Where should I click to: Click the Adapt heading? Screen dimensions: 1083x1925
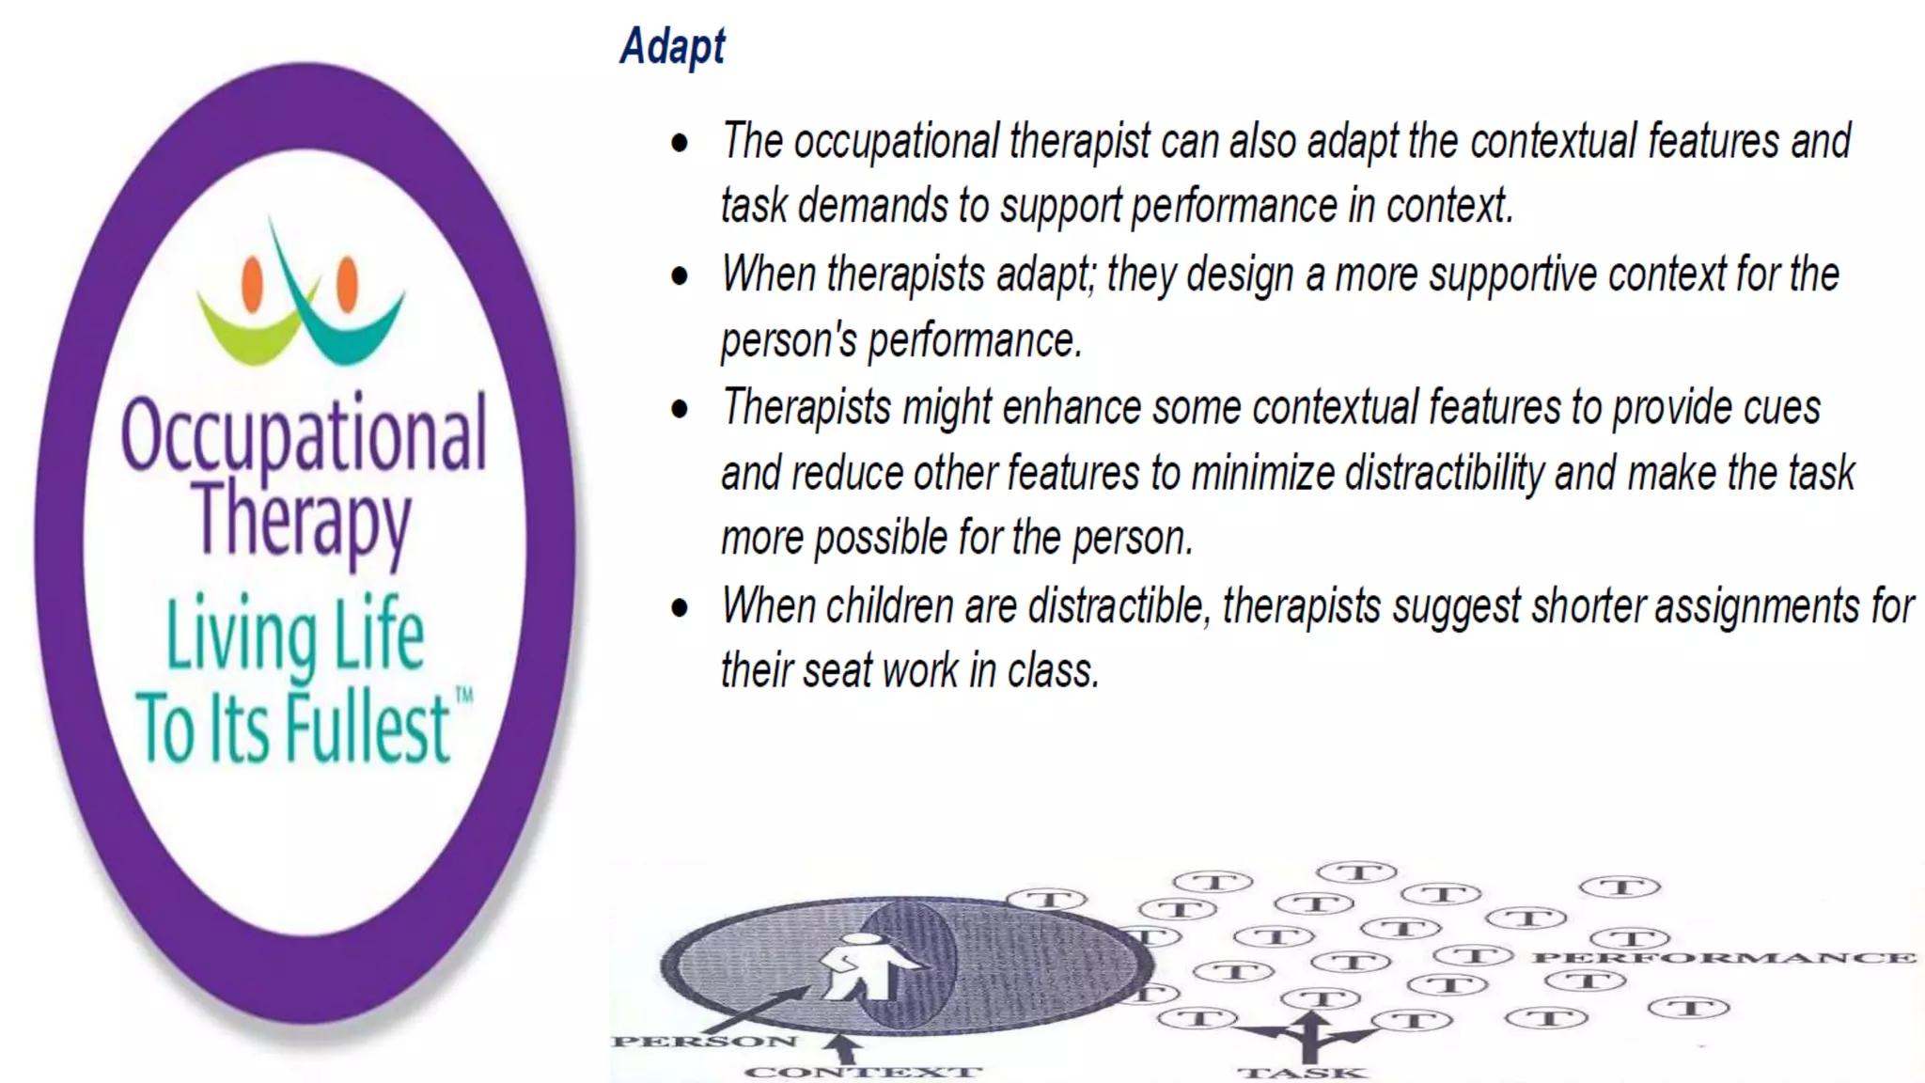673,47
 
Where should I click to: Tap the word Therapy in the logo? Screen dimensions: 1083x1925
302,520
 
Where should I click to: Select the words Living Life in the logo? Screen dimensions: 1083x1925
295,635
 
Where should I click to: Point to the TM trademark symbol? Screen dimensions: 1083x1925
464,697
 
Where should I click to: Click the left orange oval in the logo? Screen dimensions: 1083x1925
252,284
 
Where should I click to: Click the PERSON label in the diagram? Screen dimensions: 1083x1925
704,1041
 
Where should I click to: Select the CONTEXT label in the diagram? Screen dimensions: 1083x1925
863,1072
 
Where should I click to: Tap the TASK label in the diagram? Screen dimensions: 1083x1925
1302,1073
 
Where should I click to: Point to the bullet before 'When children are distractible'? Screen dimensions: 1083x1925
680,608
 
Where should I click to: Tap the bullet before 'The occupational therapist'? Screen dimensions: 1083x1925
680,144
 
